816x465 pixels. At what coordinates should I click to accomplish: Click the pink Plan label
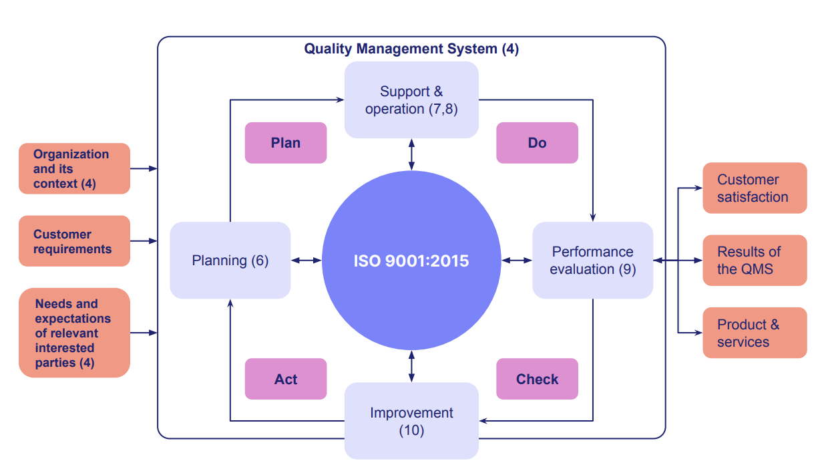click(286, 143)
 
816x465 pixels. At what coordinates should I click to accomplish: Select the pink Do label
click(537, 143)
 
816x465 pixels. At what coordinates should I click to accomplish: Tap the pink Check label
click(537, 379)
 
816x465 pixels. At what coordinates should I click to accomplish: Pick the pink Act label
click(286, 379)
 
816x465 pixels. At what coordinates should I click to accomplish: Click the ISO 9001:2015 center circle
click(411, 261)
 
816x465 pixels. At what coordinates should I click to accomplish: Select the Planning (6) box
click(230, 261)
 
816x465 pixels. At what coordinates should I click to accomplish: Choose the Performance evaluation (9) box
click(592, 261)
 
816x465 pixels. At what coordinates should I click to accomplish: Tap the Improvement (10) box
click(411, 421)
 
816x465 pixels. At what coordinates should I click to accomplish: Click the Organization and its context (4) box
click(74, 168)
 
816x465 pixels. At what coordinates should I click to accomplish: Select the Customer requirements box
click(74, 241)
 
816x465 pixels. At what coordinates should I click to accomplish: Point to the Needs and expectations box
click(74, 333)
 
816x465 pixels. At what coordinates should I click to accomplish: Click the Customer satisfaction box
click(755, 188)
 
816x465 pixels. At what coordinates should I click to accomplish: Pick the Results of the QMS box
click(755, 261)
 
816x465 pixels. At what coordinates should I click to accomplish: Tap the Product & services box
click(755, 333)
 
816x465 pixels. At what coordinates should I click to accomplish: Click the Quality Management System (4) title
click(411, 49)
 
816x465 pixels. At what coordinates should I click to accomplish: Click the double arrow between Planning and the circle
click(307, 261)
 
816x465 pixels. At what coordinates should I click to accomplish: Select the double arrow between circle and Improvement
click(411, 366)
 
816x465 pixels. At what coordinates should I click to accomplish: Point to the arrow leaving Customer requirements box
click(144, 241)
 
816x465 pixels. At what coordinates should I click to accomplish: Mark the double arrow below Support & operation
click(411, 154)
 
